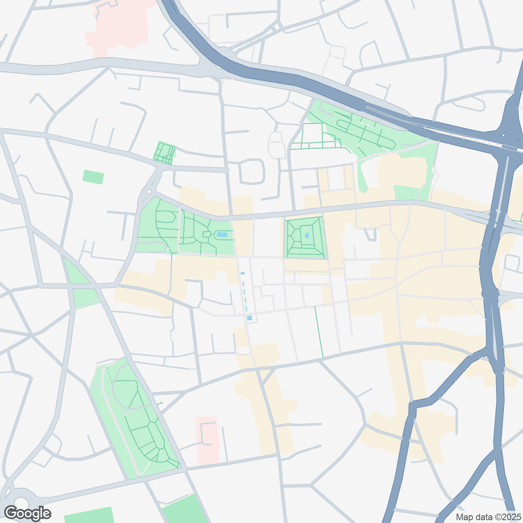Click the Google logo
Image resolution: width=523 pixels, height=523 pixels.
(28, 514)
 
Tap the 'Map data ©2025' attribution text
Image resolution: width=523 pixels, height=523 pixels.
(489, 517)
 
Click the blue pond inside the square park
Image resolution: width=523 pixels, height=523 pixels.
(307, 235)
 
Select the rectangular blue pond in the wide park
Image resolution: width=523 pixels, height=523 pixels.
(222, 235)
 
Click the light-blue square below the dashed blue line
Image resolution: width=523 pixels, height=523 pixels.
(249, 318)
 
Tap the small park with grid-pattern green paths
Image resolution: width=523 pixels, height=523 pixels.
(165, 152)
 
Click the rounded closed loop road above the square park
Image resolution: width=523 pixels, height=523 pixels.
(252, 171)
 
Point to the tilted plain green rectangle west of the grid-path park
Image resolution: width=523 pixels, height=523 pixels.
(93, 177)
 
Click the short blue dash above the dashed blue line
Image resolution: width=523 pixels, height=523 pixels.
(242, 273)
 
